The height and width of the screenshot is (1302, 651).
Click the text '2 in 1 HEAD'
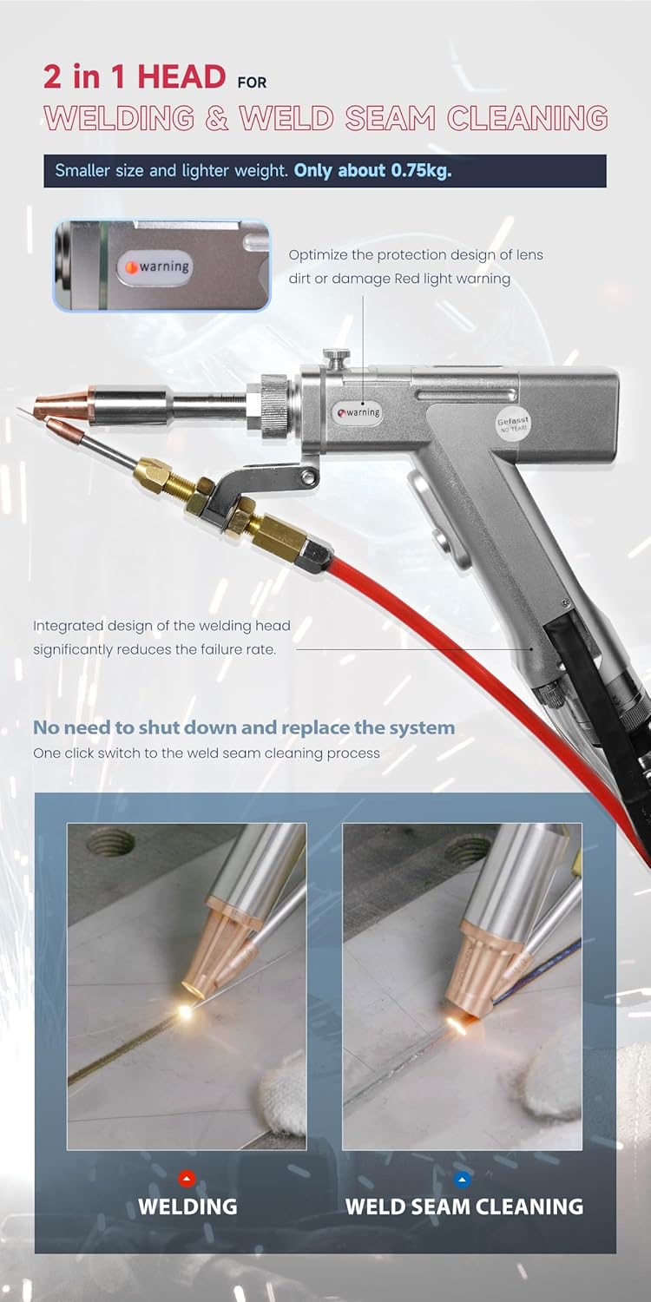click(135, 76)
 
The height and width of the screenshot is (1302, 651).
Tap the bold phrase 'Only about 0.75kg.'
click(372, 170)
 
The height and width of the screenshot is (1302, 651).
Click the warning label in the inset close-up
click(159, 266)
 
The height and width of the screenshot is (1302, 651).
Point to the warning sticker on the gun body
click(358, 412)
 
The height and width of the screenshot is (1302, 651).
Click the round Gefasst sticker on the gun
click(513, 424)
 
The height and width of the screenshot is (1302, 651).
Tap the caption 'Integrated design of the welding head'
click(161, 626)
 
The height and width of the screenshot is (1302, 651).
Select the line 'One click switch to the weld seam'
click(206, 753)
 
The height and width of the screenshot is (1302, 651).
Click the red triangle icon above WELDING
click(187, 1179)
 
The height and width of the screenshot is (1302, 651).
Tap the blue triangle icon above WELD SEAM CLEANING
click(464, 1179)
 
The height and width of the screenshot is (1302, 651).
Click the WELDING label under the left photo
click(187, 1207)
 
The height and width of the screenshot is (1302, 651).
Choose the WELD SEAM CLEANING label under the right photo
click(464, 1207)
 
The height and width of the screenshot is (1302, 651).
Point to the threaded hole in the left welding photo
click(112, 842)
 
